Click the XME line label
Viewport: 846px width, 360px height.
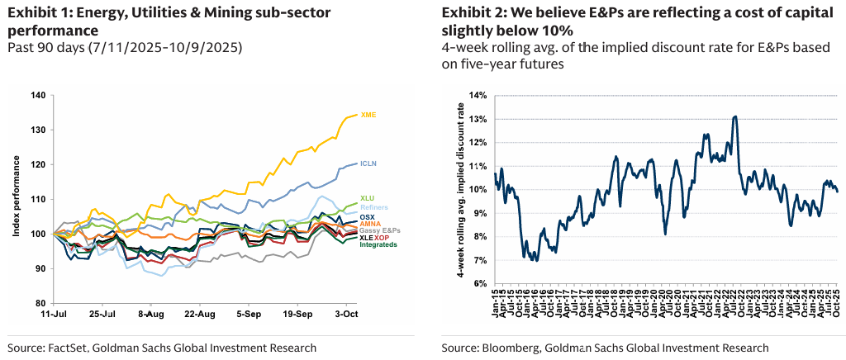pyautogui.click(x=369, y=115)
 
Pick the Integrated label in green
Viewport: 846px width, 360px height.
pyautogui.click(x=378, y=245)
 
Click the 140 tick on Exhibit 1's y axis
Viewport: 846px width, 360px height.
pyautogui.click(x=37, y=95)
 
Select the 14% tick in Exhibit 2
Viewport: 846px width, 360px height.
pyautogui.click(x=478, y=95)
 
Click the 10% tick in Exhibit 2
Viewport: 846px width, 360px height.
pyautogui.click(x=478, y=189)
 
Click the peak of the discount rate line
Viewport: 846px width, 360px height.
pyautogui.click(x=734, y=116)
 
